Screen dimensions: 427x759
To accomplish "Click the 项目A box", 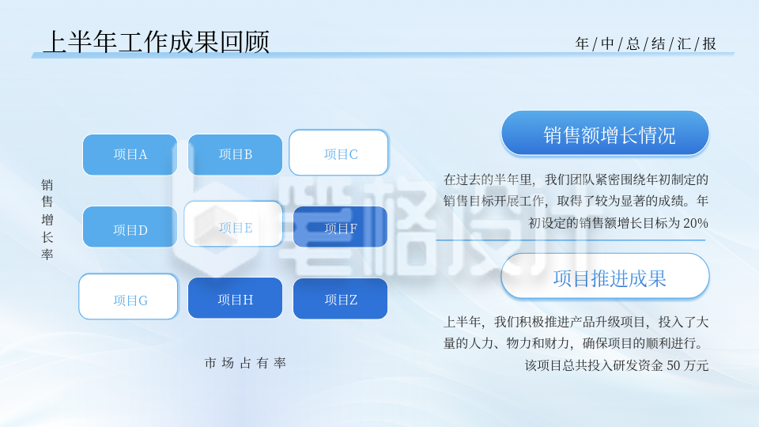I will tap(130, 154).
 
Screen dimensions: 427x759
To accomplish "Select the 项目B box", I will tap(235, 154).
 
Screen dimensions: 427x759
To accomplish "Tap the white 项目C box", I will tap(338, 153).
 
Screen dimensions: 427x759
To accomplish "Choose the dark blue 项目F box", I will tap(340, 227).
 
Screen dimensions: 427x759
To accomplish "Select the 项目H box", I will tap(235, 298).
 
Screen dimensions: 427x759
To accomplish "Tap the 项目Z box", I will tap(340, 299).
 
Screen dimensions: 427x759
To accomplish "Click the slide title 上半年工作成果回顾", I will tap(156, 41).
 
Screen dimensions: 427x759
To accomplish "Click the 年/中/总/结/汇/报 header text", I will tap(645, 44).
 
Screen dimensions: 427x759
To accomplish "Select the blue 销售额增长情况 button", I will tap(605, 133).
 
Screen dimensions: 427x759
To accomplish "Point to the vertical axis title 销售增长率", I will tap(47, 219).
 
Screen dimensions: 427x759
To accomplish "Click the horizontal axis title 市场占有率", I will tap(245, 363).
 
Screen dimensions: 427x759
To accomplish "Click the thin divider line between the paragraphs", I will tap(569, 240).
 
